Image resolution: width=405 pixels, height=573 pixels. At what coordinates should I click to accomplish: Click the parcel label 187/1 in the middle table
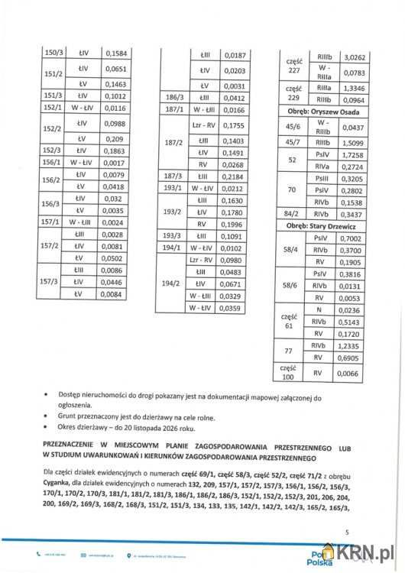[171, 110]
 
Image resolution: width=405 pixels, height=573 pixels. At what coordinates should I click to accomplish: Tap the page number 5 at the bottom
[346, 532]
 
